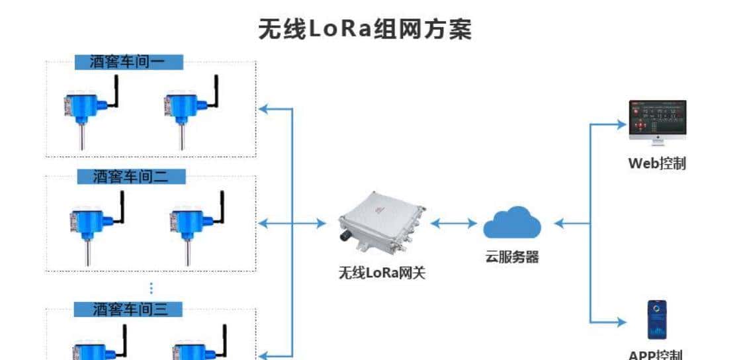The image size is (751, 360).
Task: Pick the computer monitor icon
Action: [x=657, y=121]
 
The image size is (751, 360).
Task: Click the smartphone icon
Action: [x=656, y=320]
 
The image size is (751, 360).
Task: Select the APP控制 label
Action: [x=656, y=355]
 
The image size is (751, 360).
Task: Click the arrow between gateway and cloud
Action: [x=453, y=224]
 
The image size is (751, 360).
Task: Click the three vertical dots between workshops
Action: [x=151, y=289]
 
